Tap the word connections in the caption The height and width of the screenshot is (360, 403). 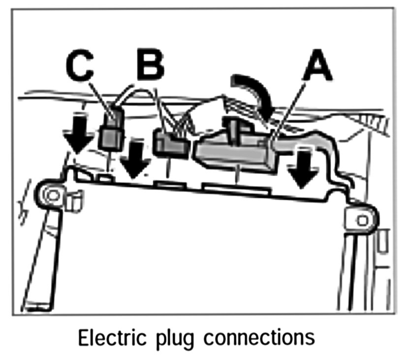pyautogui.click(x=260, y=338)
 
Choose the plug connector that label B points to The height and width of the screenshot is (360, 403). pyautogui.click(x=170, y=143)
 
